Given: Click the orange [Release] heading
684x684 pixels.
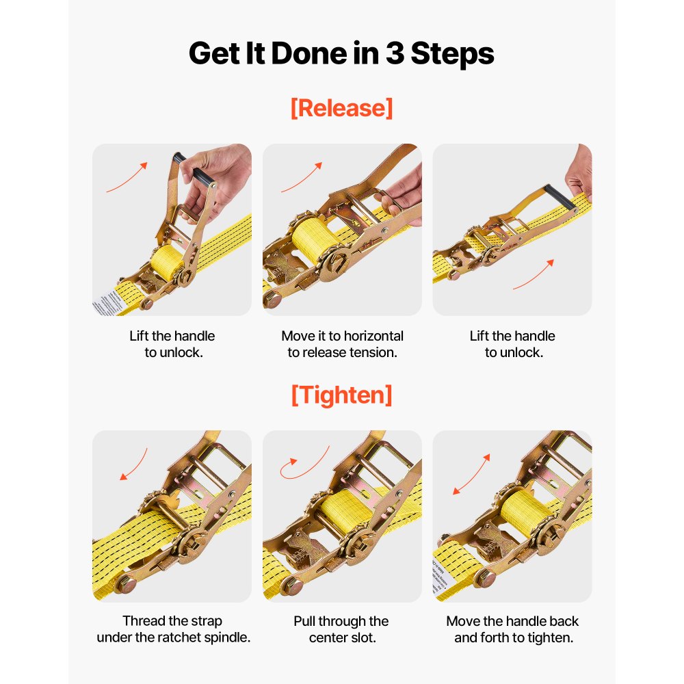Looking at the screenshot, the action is (341, 108).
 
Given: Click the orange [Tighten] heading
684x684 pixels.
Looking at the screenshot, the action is (341, 395).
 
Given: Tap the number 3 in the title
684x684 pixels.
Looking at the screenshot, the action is (395, 53).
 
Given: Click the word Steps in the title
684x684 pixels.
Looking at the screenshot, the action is (452, 53).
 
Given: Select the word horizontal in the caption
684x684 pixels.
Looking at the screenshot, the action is (373, 336).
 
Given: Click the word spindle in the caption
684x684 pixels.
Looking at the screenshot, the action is (227, 637).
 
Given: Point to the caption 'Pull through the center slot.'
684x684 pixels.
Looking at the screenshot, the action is (341, 629).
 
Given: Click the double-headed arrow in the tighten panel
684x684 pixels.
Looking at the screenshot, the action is (471, 474).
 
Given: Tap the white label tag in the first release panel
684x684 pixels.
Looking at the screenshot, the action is (109, 302).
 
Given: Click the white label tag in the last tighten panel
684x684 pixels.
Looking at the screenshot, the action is (443, 576).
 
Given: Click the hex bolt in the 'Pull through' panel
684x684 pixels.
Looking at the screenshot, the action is (291, 586).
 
